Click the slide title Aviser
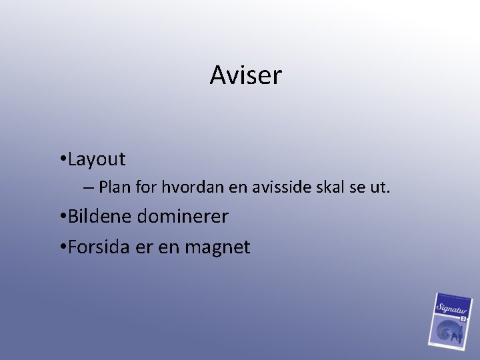point(245,75)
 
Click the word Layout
point(96,159)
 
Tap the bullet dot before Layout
point(61,160)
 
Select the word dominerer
point(183,217)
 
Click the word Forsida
point(99,247)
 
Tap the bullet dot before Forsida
point(61,248)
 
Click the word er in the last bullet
point(144,248)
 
